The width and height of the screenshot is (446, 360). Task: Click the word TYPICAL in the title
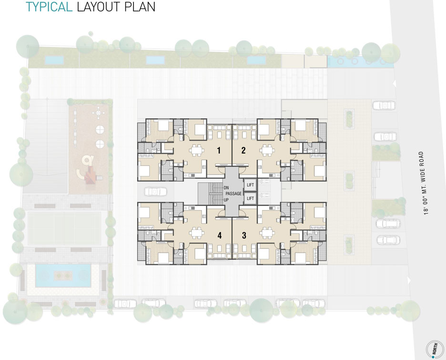(x=49, y=7)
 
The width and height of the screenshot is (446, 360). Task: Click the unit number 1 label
(x=218, y=150)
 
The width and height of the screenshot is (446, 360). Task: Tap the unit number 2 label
(x=243, y=150)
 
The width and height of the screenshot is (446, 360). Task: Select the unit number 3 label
(x=244, y=236)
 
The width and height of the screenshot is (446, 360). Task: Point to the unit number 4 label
(x=219, y=236)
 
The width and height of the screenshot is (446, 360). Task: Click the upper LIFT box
(x=250, y=185)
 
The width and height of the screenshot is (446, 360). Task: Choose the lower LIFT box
(x=250, y=198)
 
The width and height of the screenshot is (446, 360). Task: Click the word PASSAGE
(x=233, y=194)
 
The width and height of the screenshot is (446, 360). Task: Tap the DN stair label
(x=226, y=188)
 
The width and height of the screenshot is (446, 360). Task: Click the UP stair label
(x=226, y=200)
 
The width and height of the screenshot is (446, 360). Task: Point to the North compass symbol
(x=435, y=349)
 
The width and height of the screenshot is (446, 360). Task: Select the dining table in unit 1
(x=197, y=151)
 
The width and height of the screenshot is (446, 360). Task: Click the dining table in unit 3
(x=267, y=233)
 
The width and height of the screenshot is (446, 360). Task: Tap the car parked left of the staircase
(x=156, y=191)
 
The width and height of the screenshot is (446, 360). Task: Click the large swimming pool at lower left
(x=63, y=276)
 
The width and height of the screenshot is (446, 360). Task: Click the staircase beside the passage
(x=210, y=194)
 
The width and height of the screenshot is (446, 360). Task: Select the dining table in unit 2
(x=267, y=151)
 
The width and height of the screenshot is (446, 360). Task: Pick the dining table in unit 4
(x=197, y=233)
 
